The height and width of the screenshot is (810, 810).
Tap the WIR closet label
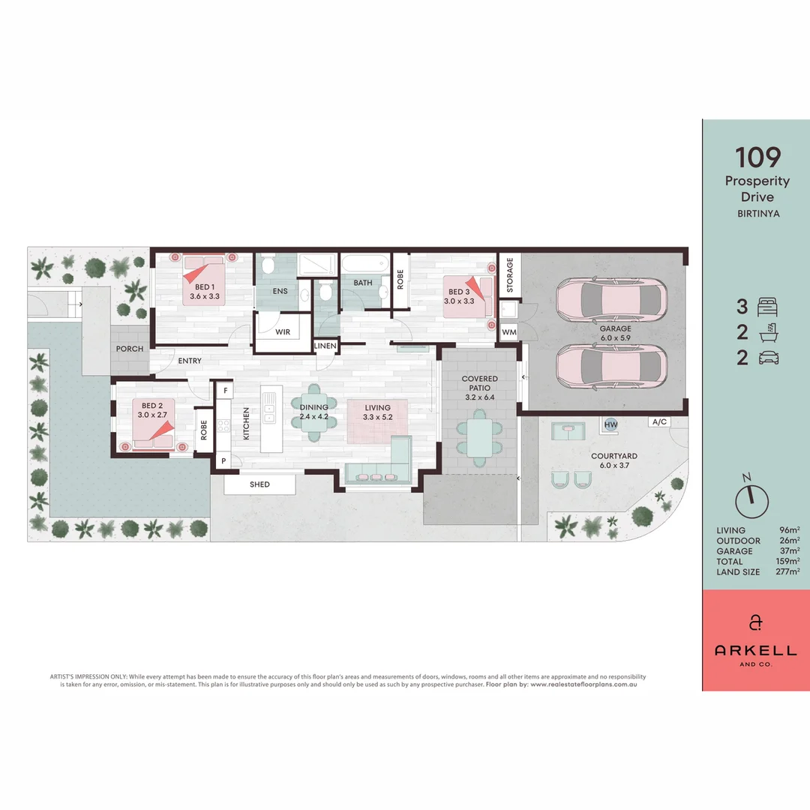tap(283, 331)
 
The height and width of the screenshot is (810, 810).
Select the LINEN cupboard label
tap(325, 346)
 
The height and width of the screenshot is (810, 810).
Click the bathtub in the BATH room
tap(364, 265)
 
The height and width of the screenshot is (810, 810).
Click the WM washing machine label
tap(509, 331)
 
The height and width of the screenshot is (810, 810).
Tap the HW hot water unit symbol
tap(611, 424)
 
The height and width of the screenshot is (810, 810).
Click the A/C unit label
tap(659, 421)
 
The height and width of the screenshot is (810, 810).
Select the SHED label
tap(259, 484)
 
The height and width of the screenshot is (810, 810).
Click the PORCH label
tap(130, 349)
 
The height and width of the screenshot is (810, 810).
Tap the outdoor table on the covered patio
tap(479, 438)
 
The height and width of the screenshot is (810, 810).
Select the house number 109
tap(757, 157)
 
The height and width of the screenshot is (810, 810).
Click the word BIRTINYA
tap(757, 213)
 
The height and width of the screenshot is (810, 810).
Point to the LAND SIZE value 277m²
tap(787, 571)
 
